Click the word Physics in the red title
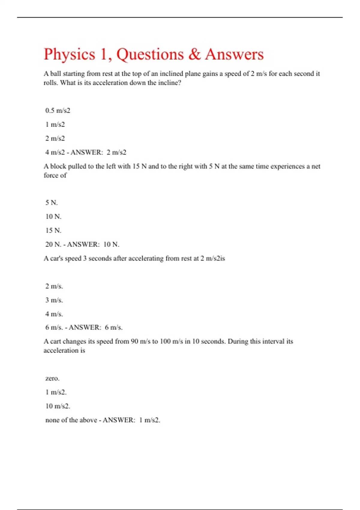[69, 55]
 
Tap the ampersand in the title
[194, 55]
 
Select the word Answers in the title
[234, 55]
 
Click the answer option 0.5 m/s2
[58, 110]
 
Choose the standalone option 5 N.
[51, 202]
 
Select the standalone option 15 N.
[53, 230]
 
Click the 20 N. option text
[53, 244]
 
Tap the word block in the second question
[58, 166]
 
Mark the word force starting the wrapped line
[50, 175]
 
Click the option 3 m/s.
[54, 300]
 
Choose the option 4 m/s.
[54, 314]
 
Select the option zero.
[52, 378]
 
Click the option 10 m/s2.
[58, 406]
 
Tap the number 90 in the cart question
[134, 341]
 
